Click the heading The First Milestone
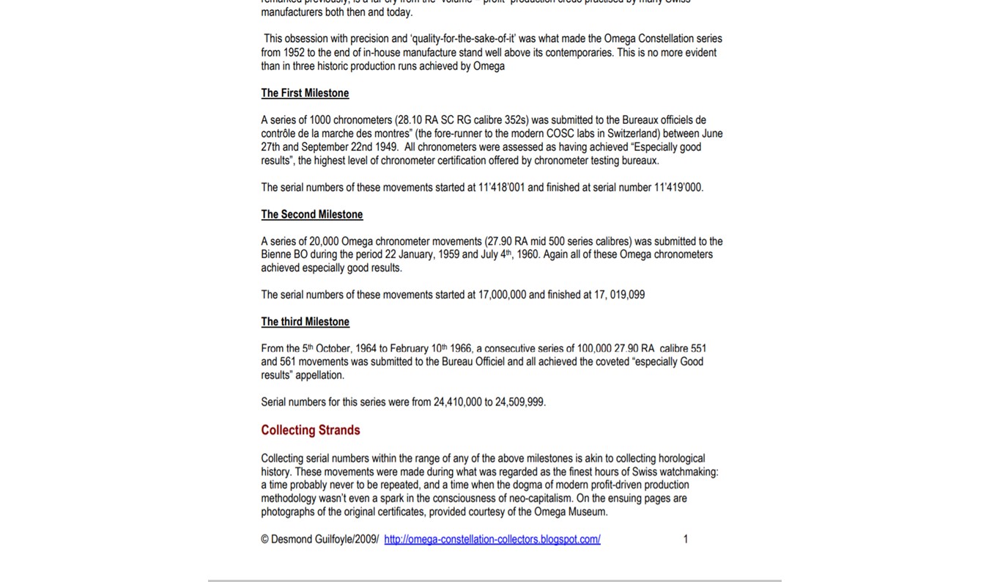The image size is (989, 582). [x=305, y=93]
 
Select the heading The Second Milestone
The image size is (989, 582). [x=311, y=214]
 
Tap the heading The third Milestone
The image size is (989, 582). [x=305, y=322]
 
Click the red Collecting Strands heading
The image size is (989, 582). [x=310, y=430]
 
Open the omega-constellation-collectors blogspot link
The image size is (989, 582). [x=492, y=539]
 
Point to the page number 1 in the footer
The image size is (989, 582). [x=686, y=539]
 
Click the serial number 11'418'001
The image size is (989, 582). [x=501, y=188]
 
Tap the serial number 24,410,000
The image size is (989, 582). [x=457, y=402]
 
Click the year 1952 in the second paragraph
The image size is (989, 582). [x=294, y=53]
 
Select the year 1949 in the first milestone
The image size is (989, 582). [x=386, y=147]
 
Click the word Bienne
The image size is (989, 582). [x=276, y=254]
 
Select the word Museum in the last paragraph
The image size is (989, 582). [x=586, y=512]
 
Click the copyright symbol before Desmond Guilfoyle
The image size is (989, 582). [x=264, y=539]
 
